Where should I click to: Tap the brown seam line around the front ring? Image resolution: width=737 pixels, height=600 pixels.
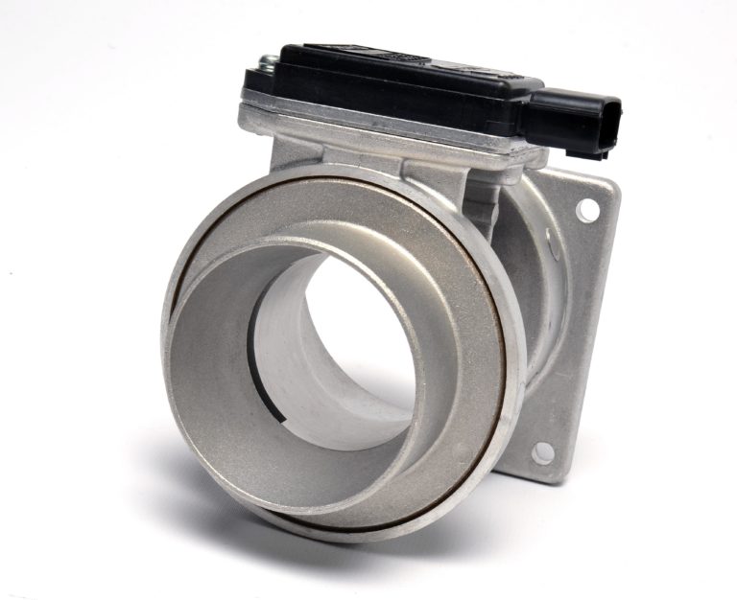click(x=503, y=383)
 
